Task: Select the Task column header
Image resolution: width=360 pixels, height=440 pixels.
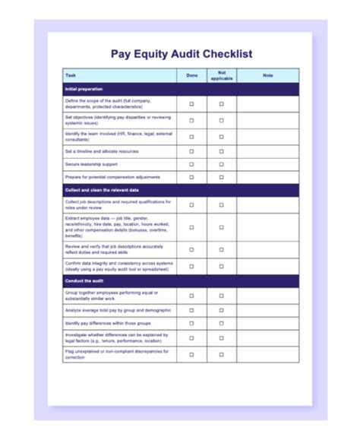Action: tap(71, 75)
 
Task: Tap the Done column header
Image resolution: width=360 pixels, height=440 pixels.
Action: tap(191, 75)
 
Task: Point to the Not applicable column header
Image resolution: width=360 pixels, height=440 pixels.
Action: tap(222, 75)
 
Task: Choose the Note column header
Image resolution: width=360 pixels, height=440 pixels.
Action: tap(267, 75)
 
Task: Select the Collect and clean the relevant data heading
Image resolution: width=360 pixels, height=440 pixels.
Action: tap(102, 190)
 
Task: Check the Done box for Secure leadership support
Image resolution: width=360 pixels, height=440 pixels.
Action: tap(191, 164)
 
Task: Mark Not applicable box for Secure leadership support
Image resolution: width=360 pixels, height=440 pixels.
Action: tap(222, 164)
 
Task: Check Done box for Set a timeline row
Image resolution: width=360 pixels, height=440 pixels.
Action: tap(191, 151)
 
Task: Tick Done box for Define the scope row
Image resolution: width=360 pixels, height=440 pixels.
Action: tap(191, 103)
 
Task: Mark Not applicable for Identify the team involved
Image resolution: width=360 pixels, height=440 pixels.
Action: tap(222, 137)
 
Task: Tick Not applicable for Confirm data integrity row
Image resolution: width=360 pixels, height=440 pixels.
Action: tap(222, 266)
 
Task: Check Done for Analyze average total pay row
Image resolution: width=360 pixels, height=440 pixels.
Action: tap(191, 311)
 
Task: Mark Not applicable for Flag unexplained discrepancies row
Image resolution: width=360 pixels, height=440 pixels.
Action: tap(222, 354)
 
